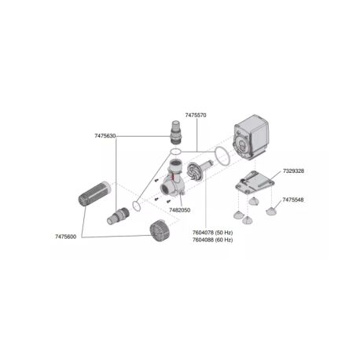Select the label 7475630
[x=105, y=136]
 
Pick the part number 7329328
[x=295, y=171]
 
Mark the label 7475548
[x=295, y=200]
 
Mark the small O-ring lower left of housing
[x=137, y=207]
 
